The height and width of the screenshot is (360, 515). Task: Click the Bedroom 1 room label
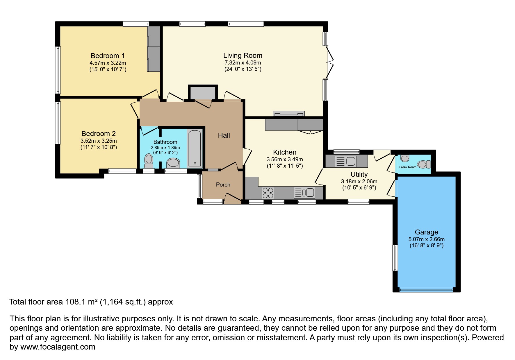tap(108, 55)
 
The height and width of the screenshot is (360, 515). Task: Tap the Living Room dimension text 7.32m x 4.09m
tap(243, 63)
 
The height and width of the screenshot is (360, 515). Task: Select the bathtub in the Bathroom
tap(195, 148)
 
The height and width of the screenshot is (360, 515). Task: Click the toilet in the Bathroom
tap(149, 161)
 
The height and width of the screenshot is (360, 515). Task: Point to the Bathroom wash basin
tap(173, 163)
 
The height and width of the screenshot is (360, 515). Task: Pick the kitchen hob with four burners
tap(268, 193)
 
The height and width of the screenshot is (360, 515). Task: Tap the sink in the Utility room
tap(346, 162)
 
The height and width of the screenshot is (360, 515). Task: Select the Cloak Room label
tap(408, 167)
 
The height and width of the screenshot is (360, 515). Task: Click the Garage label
tap(426, 232)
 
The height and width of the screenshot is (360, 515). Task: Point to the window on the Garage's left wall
tap(395, 258)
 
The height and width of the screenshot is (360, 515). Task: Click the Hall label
tap(224, 135)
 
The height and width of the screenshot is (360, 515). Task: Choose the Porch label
tap(223, 185)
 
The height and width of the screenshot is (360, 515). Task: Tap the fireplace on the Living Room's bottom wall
tap(289, 114)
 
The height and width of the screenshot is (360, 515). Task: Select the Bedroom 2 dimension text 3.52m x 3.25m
tap(99, 141)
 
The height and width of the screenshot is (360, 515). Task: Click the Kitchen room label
tap(285, 152)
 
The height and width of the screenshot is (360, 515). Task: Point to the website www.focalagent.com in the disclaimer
tap(58, 347)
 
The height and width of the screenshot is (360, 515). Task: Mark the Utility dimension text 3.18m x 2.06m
tap(359, 182)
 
